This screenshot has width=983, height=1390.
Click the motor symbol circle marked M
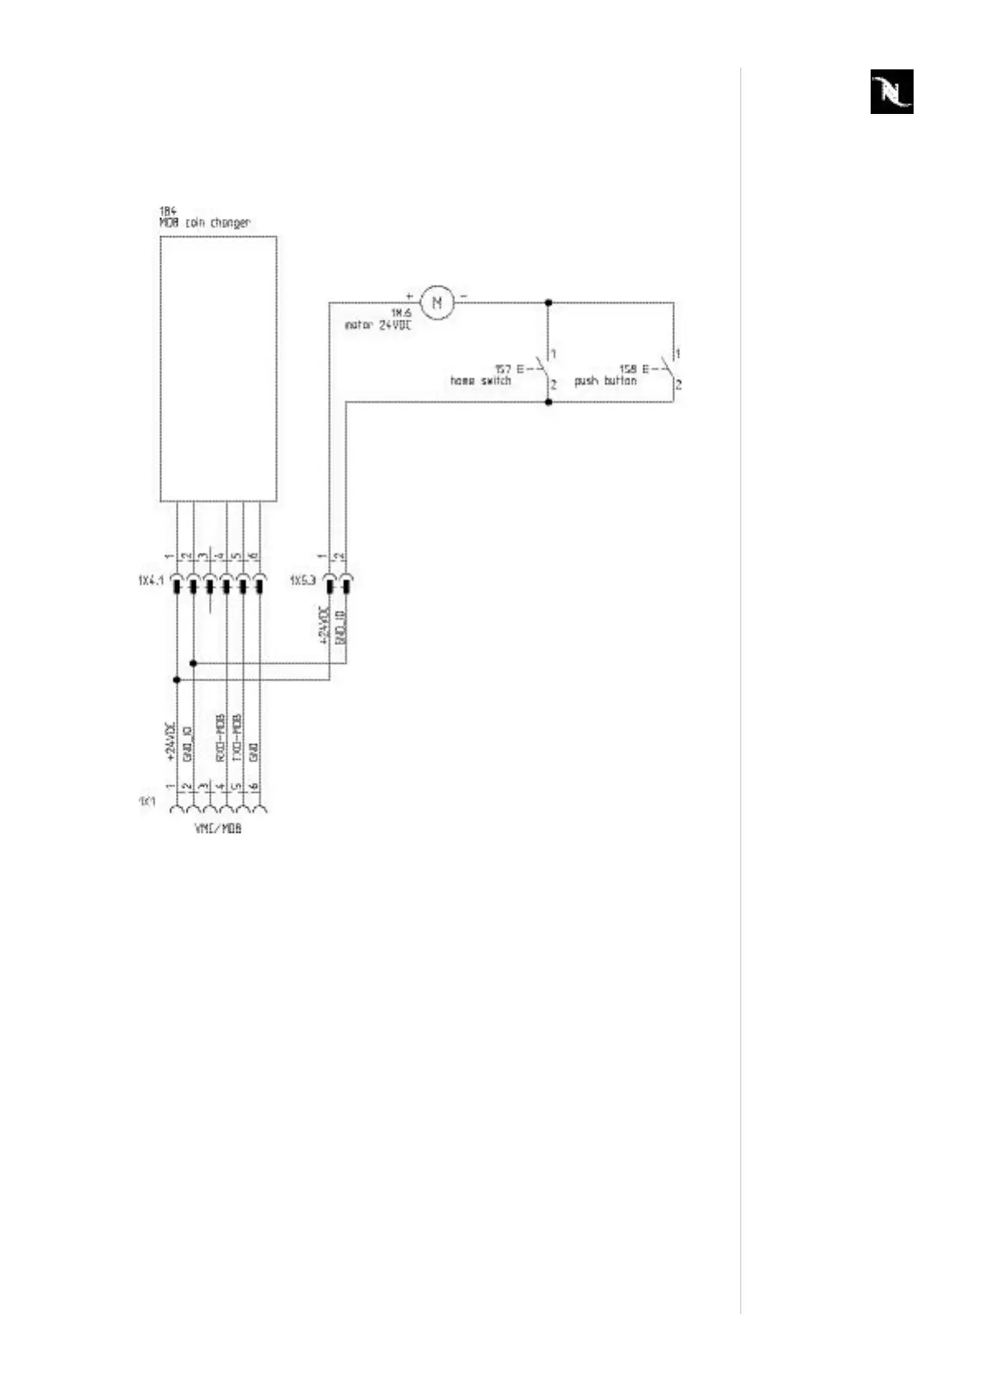pos(438,302)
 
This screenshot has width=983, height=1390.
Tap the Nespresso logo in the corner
pos(891,91)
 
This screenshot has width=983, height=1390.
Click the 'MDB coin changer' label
pos(205,223)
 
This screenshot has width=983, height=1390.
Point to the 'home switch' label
pos(480,381)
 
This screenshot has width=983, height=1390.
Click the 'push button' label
pos(605,381)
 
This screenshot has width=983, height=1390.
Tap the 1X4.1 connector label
pos(150,581)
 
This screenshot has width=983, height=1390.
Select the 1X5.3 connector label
pos(302,581)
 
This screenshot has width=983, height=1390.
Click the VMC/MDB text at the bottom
pos(218,828)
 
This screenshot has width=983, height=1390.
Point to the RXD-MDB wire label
pos(221,738)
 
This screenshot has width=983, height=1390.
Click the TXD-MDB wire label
pos(237,738)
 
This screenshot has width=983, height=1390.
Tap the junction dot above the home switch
pos(548,303)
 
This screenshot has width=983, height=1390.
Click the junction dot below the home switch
pos(548,402)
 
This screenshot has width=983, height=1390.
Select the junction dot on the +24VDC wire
pos(177,680)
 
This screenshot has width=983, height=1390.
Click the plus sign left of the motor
pos(409,294)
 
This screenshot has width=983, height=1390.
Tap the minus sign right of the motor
pos(463,295)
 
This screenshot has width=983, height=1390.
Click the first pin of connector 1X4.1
pos(177,586)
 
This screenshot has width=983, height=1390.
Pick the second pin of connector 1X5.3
pos(346,586)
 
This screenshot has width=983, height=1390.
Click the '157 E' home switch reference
pos(509,369)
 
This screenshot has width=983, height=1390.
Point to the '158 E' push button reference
pos(634,369)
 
